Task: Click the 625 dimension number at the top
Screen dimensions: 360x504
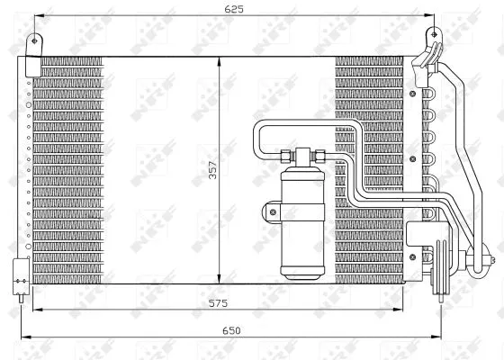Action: pyautogui.click(x=234, y=9)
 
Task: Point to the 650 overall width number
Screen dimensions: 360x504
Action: pyautogui.click(x=232, y=331)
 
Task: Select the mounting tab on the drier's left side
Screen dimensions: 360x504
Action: pyautogui.click(x=269, y=212)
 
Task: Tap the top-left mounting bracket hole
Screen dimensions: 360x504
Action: pyautogui.click(x=36, y=40)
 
